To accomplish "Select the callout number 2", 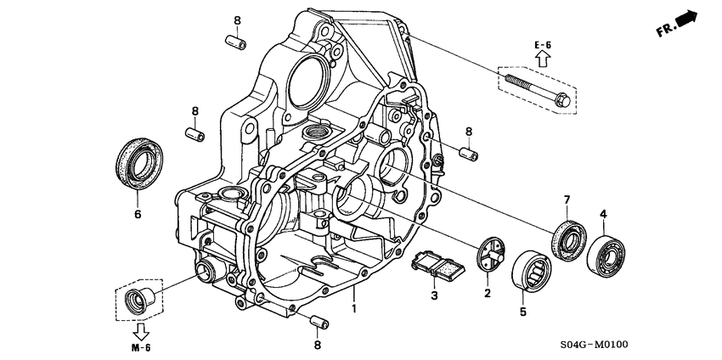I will (x=488, y=293).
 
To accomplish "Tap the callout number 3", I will (x=433, y=295).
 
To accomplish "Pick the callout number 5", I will (x=523, y=312).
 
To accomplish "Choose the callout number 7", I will (x=563, y=200).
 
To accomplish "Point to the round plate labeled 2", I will (x=488, y=256).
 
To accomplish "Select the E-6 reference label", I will (x=544, y=43).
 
